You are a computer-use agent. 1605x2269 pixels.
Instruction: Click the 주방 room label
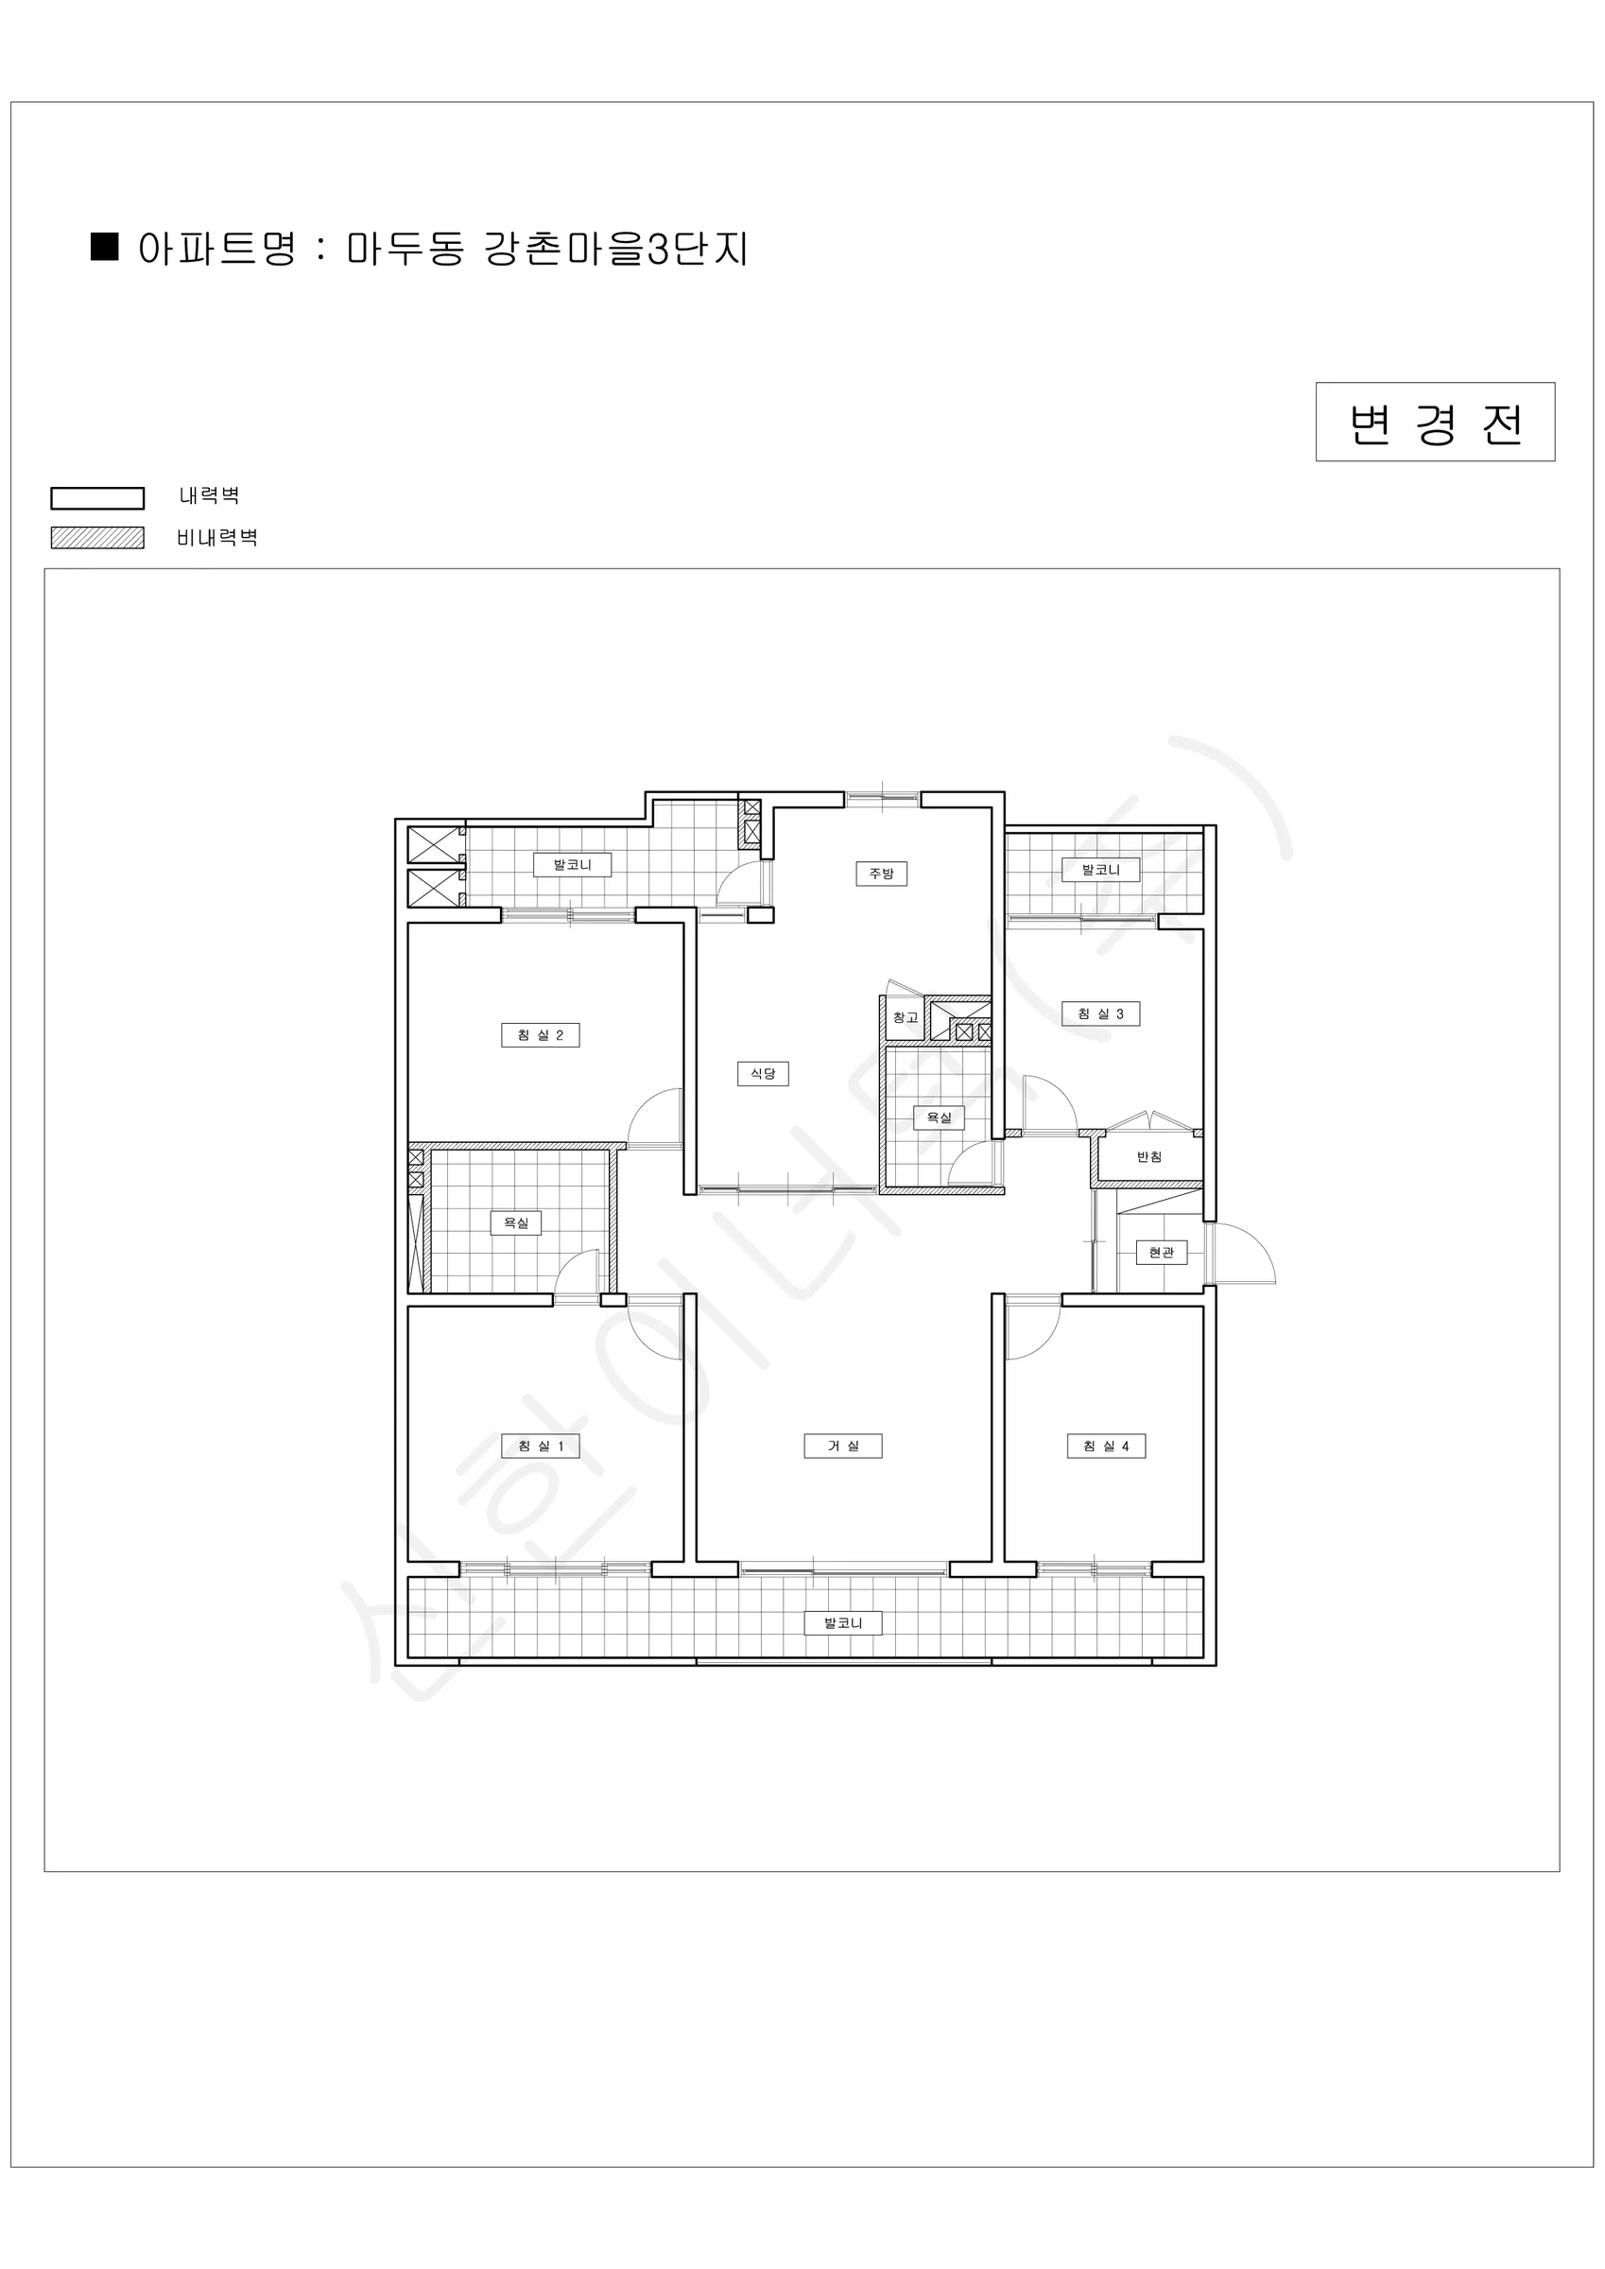coord(881,874)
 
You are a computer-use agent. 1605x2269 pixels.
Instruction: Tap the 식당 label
coord(763,1073)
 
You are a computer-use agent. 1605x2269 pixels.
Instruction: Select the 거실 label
coord(842,1446)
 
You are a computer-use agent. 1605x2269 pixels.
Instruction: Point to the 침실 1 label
coord(541,1446)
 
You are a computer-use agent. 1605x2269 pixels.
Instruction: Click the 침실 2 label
coord(541,1034)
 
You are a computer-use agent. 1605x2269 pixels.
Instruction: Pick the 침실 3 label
coord(1101,1013)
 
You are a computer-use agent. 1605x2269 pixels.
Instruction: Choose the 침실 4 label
coord(1106,1446)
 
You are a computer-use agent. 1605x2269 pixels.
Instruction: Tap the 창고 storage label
coord(906,1017)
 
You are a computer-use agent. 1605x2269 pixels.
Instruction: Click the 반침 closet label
coord(1149,1156)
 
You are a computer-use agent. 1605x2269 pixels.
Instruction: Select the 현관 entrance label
coord(1162,1252)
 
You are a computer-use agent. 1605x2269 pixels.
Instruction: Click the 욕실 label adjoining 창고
coord(938,1117)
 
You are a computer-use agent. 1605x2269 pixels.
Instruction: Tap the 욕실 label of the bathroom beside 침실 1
coord(516,1222)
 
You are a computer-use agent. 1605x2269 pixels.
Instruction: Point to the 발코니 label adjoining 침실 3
coord(1101,870)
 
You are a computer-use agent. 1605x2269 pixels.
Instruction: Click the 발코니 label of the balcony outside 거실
coord(843,1622)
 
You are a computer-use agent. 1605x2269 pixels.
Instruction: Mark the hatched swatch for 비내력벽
coord(98,538)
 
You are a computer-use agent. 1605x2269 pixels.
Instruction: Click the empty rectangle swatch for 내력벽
coord(98,498)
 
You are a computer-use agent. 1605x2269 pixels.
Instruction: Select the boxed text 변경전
coord(1435,422)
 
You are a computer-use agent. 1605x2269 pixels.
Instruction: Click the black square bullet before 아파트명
coord(105,246)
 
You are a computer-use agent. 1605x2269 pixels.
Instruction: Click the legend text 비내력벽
coord(217,538)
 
